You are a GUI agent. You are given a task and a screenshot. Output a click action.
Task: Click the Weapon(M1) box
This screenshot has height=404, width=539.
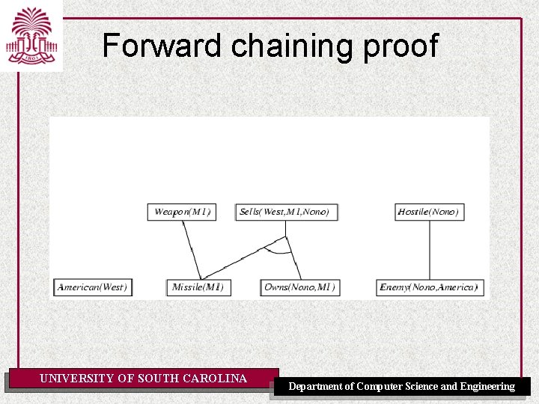(x=182, y=212)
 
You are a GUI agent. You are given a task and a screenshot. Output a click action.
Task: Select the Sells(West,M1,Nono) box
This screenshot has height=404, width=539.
(x=285, y=212)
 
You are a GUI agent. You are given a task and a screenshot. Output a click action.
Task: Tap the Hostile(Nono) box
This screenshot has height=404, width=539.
(x=427, y=212)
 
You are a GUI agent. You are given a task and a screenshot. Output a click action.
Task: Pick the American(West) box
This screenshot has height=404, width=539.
(x=93, y=287)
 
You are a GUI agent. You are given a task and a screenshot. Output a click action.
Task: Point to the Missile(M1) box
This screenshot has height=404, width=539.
(x=198, y=287)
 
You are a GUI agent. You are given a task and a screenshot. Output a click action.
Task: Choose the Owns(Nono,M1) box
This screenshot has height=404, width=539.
(x=299, y=287)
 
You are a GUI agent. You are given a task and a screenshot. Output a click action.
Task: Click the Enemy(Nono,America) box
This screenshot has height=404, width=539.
(x=428, y=287)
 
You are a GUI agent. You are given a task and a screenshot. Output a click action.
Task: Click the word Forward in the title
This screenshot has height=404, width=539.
(x=162, y=46)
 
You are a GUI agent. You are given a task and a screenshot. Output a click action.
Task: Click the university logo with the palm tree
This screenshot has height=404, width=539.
(x=31, y=35)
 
